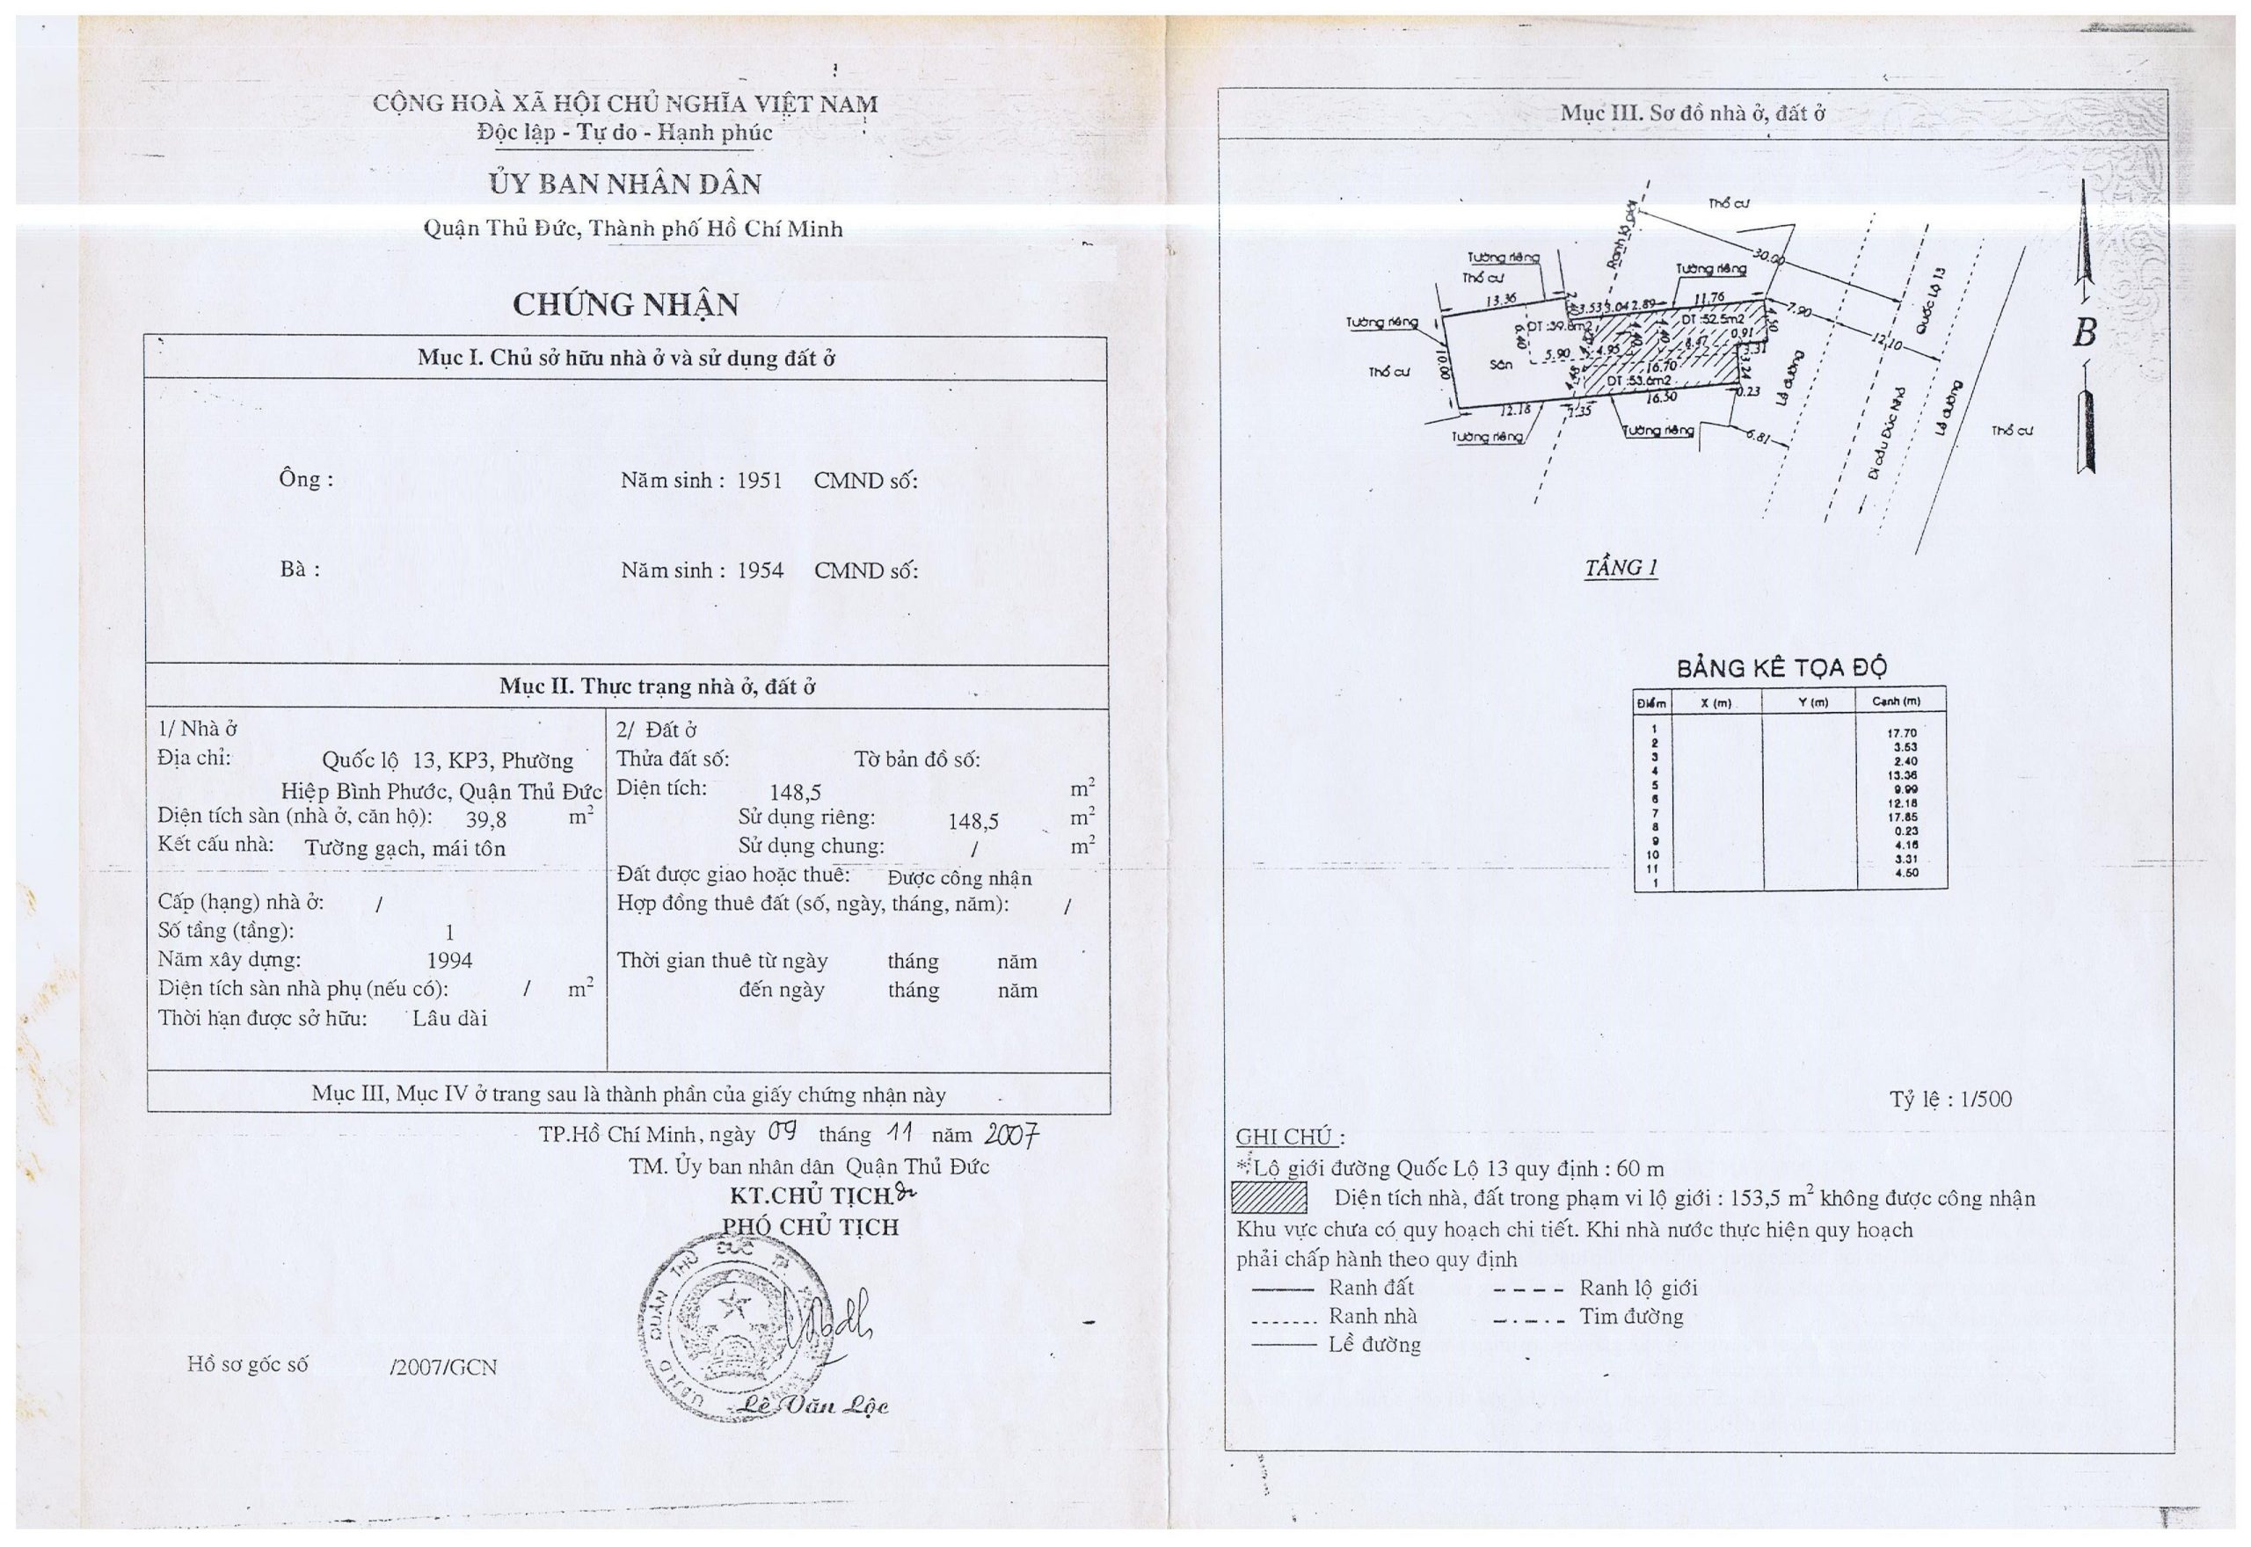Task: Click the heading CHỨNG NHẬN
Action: tap(625, 304)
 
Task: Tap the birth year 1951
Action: tap(759, 481)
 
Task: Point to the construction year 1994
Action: tap(450, 961)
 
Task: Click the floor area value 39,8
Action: tap(485, 819)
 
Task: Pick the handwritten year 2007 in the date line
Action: tap(1011, 1134)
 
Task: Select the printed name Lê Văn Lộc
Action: tap(812, 1405)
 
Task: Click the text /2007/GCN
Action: tap(443, 1367)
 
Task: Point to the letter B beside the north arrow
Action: tap(2084, 333)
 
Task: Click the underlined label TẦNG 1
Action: tap(1621, 568)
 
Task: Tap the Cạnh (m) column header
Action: tap(1896, 701)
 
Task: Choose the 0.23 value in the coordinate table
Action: tap(1903, 831)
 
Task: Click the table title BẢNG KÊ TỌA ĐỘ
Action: tap(1781, 668)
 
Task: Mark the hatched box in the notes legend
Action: tap(1269, 1198)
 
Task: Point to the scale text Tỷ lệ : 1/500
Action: tap(1950, 1100)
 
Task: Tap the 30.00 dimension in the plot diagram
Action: tap(1769, 258)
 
